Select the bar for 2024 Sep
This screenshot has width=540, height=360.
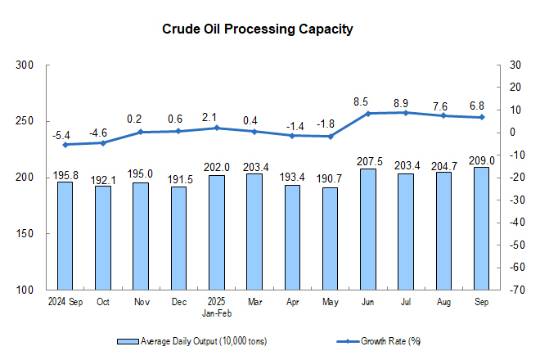65,236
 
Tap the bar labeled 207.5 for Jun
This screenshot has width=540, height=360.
367,229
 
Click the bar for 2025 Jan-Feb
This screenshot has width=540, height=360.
216,232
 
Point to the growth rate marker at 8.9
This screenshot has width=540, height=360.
406,112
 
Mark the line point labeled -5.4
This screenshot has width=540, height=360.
65,145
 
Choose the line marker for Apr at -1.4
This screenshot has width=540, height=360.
292,135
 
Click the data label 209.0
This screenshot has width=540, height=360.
481,160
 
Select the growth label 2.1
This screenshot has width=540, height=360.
216,117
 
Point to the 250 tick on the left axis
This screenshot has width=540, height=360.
25,121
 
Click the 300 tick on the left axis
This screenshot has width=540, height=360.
25,65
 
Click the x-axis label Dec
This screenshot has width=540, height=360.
178,303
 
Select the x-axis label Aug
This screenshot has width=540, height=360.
443,303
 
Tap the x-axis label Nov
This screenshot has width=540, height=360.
141,303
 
